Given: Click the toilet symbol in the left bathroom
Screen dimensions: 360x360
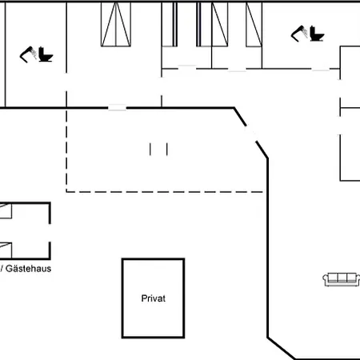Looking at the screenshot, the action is (x=46, y=54).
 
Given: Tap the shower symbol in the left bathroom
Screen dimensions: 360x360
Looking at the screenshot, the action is (x=28, y=54).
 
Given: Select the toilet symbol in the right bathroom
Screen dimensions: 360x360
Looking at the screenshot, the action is (x=317, y=34).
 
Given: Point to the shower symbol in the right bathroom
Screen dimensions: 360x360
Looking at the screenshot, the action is (x=299, y=34).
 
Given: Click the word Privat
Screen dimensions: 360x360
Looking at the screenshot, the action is (x=154, y=298).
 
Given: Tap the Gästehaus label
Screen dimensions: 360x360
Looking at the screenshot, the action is (x=28, y=269).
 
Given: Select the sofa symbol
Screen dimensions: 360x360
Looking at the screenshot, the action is (x=342, y=279).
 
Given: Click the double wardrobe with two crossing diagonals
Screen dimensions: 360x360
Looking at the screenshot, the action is (x=116, y=24).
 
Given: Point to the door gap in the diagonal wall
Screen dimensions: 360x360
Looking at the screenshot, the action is (x=251, y=134).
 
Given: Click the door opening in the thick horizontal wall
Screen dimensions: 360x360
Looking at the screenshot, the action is (x=117, y=108).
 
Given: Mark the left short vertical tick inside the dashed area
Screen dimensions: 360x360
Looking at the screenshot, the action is (x=150, y=149).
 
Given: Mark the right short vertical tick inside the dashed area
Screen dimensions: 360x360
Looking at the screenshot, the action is (x=167, y=149).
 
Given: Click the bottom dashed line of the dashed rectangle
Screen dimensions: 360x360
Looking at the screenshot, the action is (x=165, y=192).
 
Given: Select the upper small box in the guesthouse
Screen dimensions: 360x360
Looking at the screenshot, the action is (x=6, y=211).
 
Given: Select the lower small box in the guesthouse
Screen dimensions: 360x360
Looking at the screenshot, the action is (x=6, y=250).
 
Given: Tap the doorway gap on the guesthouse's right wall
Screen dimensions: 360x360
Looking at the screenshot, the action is (x=50, y=233).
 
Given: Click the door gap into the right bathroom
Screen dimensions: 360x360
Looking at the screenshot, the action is (x=320, y=69).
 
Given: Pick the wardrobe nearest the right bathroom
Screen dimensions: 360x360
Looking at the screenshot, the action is (x=254, y=24).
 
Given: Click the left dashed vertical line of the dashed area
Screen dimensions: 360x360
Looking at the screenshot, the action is (x=66, y=150).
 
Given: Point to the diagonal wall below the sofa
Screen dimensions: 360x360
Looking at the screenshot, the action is (x=282, y=349).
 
